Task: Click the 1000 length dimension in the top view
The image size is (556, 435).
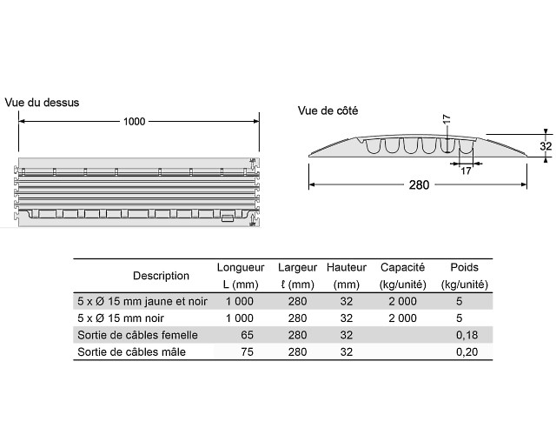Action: tap(134, 122)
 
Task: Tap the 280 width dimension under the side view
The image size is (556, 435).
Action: tap(419, 185)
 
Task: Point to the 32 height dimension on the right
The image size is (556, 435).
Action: tap(546, 146)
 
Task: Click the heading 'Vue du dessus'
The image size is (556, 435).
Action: tap(42, 103)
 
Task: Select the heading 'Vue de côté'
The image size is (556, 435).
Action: tap(328, 110)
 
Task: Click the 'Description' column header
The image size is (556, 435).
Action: tap(161, 276)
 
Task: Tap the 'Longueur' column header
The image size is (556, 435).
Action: tap(241, 267)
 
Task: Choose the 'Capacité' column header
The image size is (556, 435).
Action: tap(402, 267)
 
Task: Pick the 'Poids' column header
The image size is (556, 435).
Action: tap(464, 267)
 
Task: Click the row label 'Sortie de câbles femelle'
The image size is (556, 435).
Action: tap(137, 335)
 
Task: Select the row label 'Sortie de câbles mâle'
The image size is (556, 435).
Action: tap(131, 351)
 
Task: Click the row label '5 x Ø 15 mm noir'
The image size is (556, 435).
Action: tap(121, 318)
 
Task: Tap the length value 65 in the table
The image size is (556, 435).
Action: tap(247, 335)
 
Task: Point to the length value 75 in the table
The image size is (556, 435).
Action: tap(247, 351)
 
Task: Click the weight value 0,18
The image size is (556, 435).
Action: tap(467, 335)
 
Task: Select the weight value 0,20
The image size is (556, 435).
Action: tap(467, 351)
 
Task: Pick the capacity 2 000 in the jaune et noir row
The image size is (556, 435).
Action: tap(402, 301)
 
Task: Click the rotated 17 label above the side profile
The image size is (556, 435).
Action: tap(447, 119)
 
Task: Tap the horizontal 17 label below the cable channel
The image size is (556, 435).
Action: tap(466, 171)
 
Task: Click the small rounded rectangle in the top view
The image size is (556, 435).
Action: tap(228, 218)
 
